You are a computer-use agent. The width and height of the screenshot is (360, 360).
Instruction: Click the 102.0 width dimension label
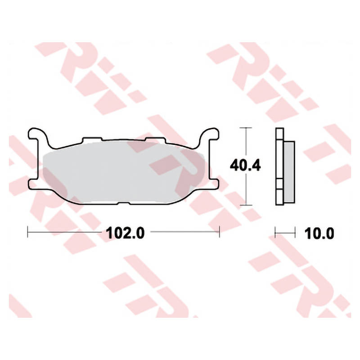point(125,233)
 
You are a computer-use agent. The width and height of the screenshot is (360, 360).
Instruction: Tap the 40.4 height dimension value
point(245,166)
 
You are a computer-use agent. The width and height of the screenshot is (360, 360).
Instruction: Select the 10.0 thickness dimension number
point(319,234)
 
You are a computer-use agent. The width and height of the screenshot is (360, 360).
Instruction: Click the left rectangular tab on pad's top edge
point(92,139)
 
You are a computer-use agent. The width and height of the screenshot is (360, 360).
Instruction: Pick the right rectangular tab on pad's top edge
point(155,139)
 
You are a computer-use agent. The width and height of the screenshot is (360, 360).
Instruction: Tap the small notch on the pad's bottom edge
point(124,203)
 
